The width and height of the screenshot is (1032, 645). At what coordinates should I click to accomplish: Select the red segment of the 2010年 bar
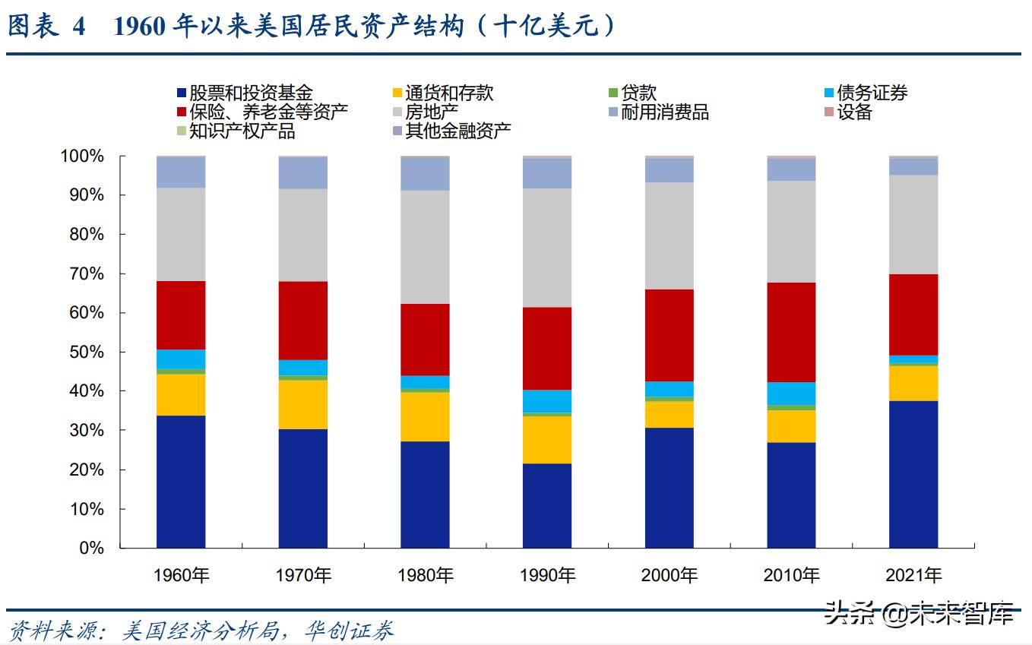(x=791, y=332)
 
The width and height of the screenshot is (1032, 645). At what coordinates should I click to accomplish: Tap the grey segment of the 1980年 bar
(x=425, y=246)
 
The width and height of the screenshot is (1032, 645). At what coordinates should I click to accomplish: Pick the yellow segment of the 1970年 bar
(x=303, y=404)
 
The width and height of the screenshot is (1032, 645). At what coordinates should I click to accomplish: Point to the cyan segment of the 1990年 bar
(x=547, y=400)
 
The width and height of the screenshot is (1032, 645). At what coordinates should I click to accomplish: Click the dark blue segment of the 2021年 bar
(x=913, y=474)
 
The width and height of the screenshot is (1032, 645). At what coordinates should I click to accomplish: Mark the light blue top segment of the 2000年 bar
(x=670, y=170)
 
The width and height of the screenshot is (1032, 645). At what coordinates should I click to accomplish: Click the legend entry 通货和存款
(x=448, y=93)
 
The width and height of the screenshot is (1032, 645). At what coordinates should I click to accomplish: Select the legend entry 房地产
(x=431, y=112)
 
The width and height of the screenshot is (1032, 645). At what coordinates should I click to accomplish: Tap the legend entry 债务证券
(x=872, y=93)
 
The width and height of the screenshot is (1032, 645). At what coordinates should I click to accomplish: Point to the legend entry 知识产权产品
(x=242, y=131)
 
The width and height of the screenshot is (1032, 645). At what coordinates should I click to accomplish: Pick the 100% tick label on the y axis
(x=81, y=157)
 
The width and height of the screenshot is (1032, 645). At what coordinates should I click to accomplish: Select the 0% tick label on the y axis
(x=90, y=548)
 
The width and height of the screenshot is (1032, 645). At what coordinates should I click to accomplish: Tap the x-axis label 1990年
(x=547, y=575)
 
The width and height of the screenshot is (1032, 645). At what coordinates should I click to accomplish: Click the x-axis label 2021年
(x=913, y=575)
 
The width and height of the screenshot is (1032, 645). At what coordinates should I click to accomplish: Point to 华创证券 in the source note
(x=349, y=631)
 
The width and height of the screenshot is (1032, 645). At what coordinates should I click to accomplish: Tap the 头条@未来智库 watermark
(x=920, y=613)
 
